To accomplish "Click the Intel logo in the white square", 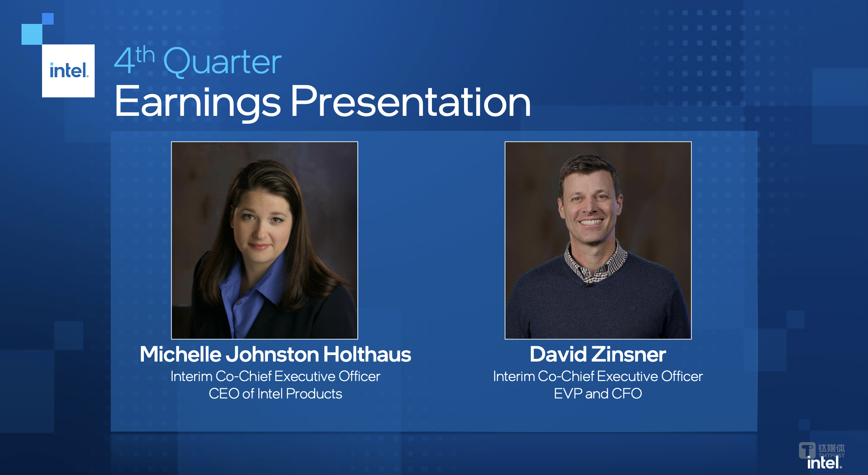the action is point(69,70).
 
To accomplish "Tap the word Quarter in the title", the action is point(222,62).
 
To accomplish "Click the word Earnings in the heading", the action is point(198,102).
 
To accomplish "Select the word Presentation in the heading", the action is point(410,101).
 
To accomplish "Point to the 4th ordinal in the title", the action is point(134,59).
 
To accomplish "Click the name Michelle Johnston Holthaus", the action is point(275,354).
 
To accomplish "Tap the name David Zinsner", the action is point(598,354).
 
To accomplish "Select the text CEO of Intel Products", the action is point(275,394).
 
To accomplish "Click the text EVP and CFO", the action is point(598,394).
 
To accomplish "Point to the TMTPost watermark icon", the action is point(807,450).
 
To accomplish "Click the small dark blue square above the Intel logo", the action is point(48,19).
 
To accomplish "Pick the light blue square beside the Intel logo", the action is point(32,34).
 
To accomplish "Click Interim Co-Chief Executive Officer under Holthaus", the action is point(275,376).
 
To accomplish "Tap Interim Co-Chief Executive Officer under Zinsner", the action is point(598,376).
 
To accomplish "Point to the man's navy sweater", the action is point(598,308).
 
